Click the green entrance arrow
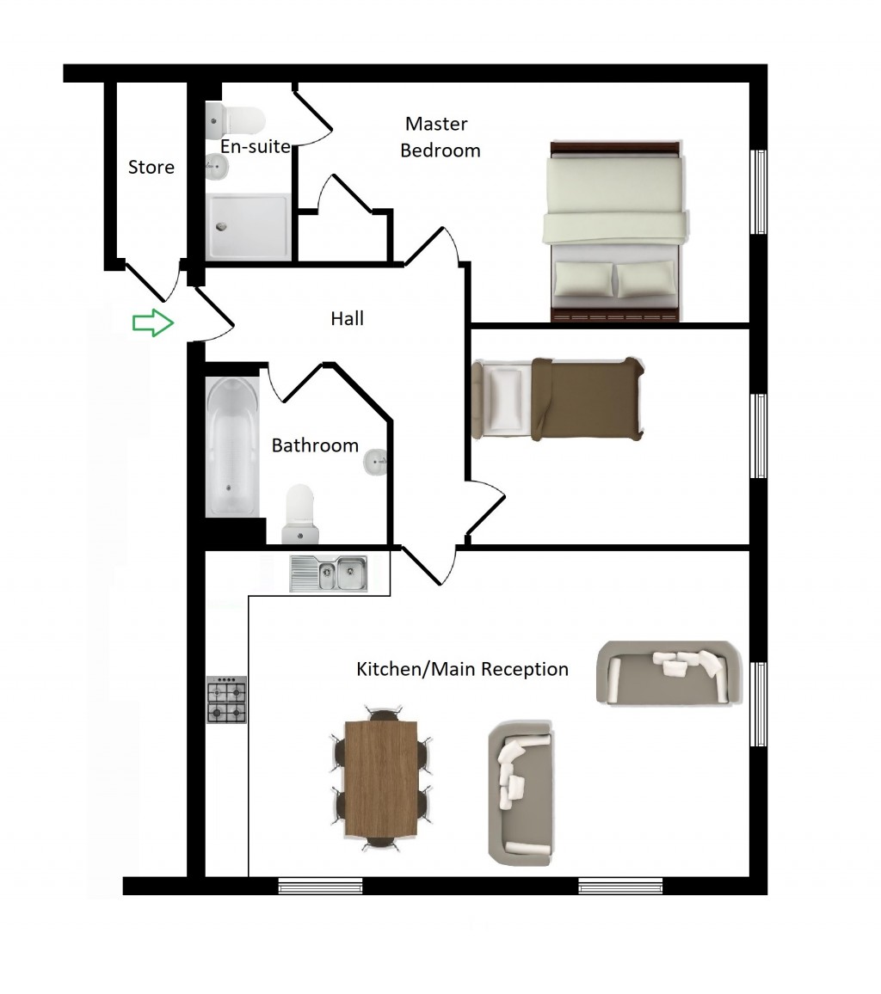[x=152, y=322]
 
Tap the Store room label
[x=151, y=167]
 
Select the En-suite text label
[x=255, y=146]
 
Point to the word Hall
[x=347, y=318]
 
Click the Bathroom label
[x=315, y=445]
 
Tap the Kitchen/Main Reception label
[x=462, y=669]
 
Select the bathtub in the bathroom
[x=232, y=446]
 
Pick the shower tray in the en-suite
[x=248, y=226]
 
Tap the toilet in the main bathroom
[x=300, y=514]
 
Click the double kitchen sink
[x=329, y=573]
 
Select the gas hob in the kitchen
[x=226, y=699]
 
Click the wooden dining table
[x=381, y=779]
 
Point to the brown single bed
[x=558, y=399]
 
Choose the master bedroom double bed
[x=614, y=230]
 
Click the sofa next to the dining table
[x=521, y=793]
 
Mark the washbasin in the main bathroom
[x=375, y=462]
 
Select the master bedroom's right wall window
[x=759, y=192]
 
